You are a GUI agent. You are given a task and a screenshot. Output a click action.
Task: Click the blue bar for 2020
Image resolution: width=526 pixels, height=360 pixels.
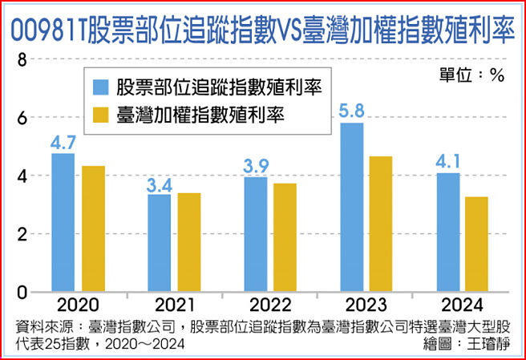63,222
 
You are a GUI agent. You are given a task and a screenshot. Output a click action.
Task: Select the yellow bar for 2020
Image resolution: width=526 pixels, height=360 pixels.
93,229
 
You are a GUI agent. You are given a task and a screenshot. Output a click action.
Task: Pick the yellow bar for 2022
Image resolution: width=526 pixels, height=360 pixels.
285,237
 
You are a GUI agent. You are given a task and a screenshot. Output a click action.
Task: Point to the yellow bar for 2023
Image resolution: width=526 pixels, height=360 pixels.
381,224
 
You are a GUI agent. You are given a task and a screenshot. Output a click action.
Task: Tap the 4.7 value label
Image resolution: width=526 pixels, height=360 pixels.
63,143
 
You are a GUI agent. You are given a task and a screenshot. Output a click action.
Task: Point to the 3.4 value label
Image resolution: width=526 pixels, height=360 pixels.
160,186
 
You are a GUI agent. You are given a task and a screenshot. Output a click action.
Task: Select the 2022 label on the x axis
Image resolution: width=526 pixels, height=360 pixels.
270,305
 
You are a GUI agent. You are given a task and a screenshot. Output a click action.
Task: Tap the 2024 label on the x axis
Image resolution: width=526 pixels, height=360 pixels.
463,305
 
